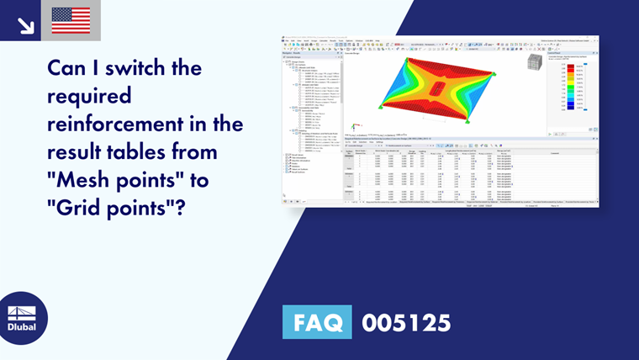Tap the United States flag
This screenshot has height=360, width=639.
coord(71,20)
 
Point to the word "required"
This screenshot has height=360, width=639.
coord(90,95)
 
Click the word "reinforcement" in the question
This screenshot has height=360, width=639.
coord(117,124)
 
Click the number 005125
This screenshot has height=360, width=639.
coord(407,322)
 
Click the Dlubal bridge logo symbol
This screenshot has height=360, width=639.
coord(22,310)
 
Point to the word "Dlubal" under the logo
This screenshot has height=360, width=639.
coord(22,327)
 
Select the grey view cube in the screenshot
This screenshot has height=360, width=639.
coord(532,64)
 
